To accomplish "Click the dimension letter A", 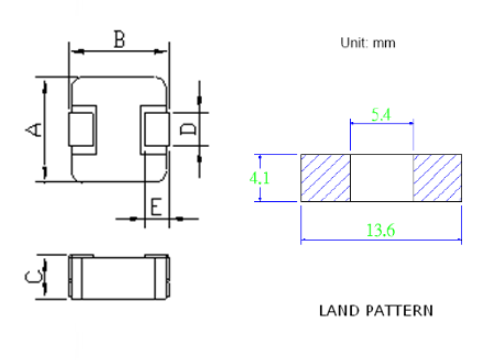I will tap(33, 129).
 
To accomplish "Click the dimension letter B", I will tap(119, 40).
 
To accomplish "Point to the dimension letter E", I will tap(156, 207).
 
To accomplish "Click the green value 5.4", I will tap(380, 115).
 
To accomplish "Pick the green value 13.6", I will tap(382, 230).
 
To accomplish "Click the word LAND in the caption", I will tap(339, 310).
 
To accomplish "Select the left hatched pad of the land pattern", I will tap(325, 178).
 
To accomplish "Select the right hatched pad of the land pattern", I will tap(439, 178).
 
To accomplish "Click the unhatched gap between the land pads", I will tap(381, 178).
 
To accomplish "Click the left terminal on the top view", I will tap(81, 130).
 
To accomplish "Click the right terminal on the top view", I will tap(155, 130).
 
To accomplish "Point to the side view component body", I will tap(119, 277).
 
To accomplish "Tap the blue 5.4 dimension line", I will tap(381, 123).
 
